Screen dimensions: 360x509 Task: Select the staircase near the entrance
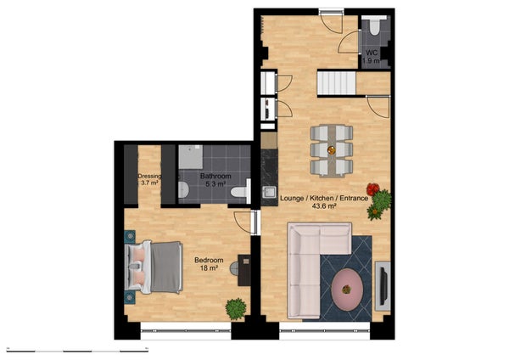pyautogui.click(x=336, y=83)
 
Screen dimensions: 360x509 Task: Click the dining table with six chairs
pyautogui.click(x=331, y=149)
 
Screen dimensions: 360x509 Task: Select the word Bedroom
pyautogui.click(x=209, y=259)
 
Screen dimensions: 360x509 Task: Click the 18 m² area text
pyautogui.click(x=209, y=268)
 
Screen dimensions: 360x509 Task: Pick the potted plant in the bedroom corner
pyautogui.click(x=235, y=308)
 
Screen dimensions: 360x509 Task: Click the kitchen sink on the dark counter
pyautogui.click(x=270, y=191)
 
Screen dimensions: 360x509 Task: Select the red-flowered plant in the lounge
pyautogui.click(x=372, y=189)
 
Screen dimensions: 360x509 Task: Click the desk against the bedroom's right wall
pyautogui.click(x=245, y=270)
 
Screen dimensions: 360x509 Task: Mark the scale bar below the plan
pyautogui.click(x=76, y=349)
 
